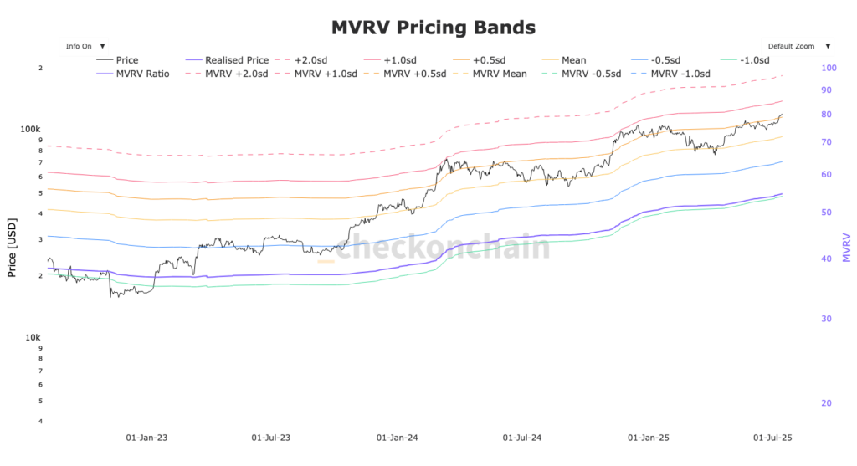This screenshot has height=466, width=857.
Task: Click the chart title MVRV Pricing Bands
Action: click(x=433, y=28)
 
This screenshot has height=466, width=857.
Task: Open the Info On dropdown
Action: click(x=85, y=46)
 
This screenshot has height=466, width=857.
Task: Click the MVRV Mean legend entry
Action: click(x=499, y=74)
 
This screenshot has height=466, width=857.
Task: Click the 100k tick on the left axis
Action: click(x=31, y=130)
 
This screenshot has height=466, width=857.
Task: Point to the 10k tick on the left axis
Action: click(x=33, y=337)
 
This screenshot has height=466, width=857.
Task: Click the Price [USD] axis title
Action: click(x=12, y=248)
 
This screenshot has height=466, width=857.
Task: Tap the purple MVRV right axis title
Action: click(x=846, y=248)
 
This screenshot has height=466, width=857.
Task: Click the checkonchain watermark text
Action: click(x=443, y=248)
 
